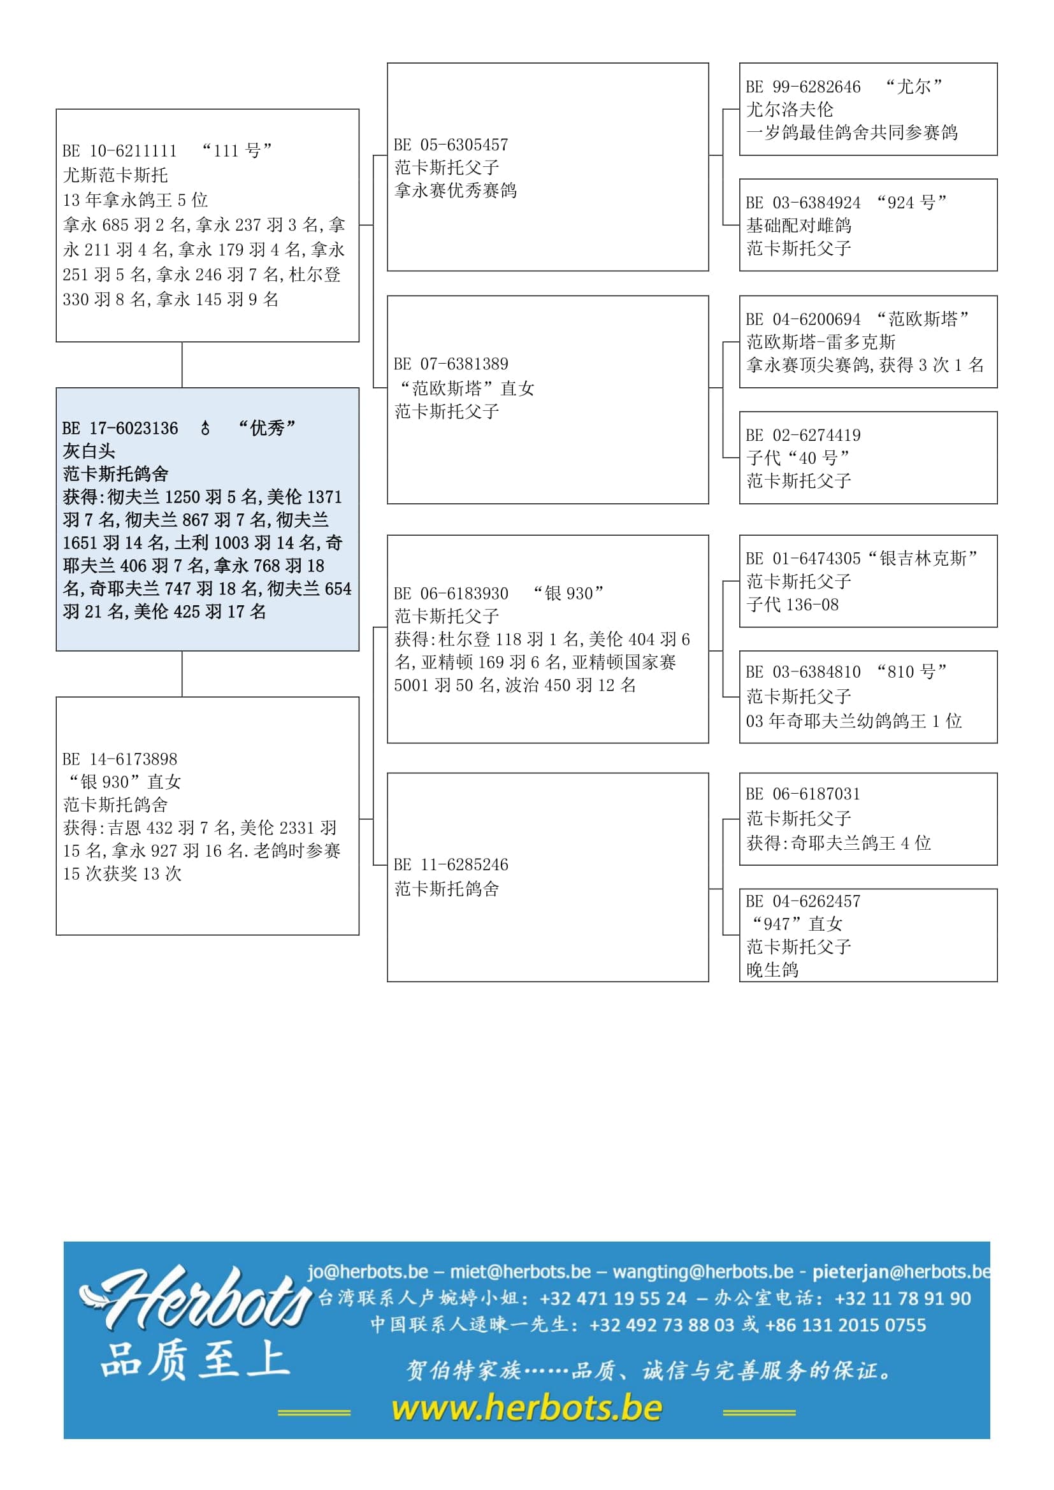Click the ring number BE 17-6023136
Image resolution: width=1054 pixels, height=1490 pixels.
coord(120,428)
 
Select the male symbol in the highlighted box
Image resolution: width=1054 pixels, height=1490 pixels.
coord(205,428)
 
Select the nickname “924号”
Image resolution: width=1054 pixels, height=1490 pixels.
coord(912,203)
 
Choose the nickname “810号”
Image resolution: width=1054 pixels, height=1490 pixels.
coord(912,672)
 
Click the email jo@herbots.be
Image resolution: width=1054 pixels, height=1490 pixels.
coord(367,1272)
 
